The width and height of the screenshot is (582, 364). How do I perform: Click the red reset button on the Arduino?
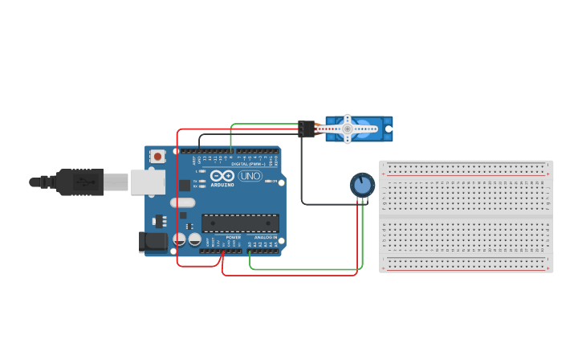(158, 156)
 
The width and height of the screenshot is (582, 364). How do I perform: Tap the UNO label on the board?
(250, 176)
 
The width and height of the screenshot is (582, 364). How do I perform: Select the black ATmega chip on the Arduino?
(240, 223)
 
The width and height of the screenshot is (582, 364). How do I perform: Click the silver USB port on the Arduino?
(148, 182)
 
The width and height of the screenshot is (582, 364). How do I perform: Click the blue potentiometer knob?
(362, 185)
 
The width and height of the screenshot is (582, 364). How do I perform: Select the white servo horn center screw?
(347, 127)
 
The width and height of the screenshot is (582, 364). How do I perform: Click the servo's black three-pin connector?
(306, 128)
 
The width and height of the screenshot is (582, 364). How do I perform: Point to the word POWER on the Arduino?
(233, 238)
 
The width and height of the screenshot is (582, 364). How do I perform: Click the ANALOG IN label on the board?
(265, 238)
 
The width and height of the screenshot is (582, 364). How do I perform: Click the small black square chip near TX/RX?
(185, 185)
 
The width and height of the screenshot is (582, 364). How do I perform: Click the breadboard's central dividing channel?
(466, 216)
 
